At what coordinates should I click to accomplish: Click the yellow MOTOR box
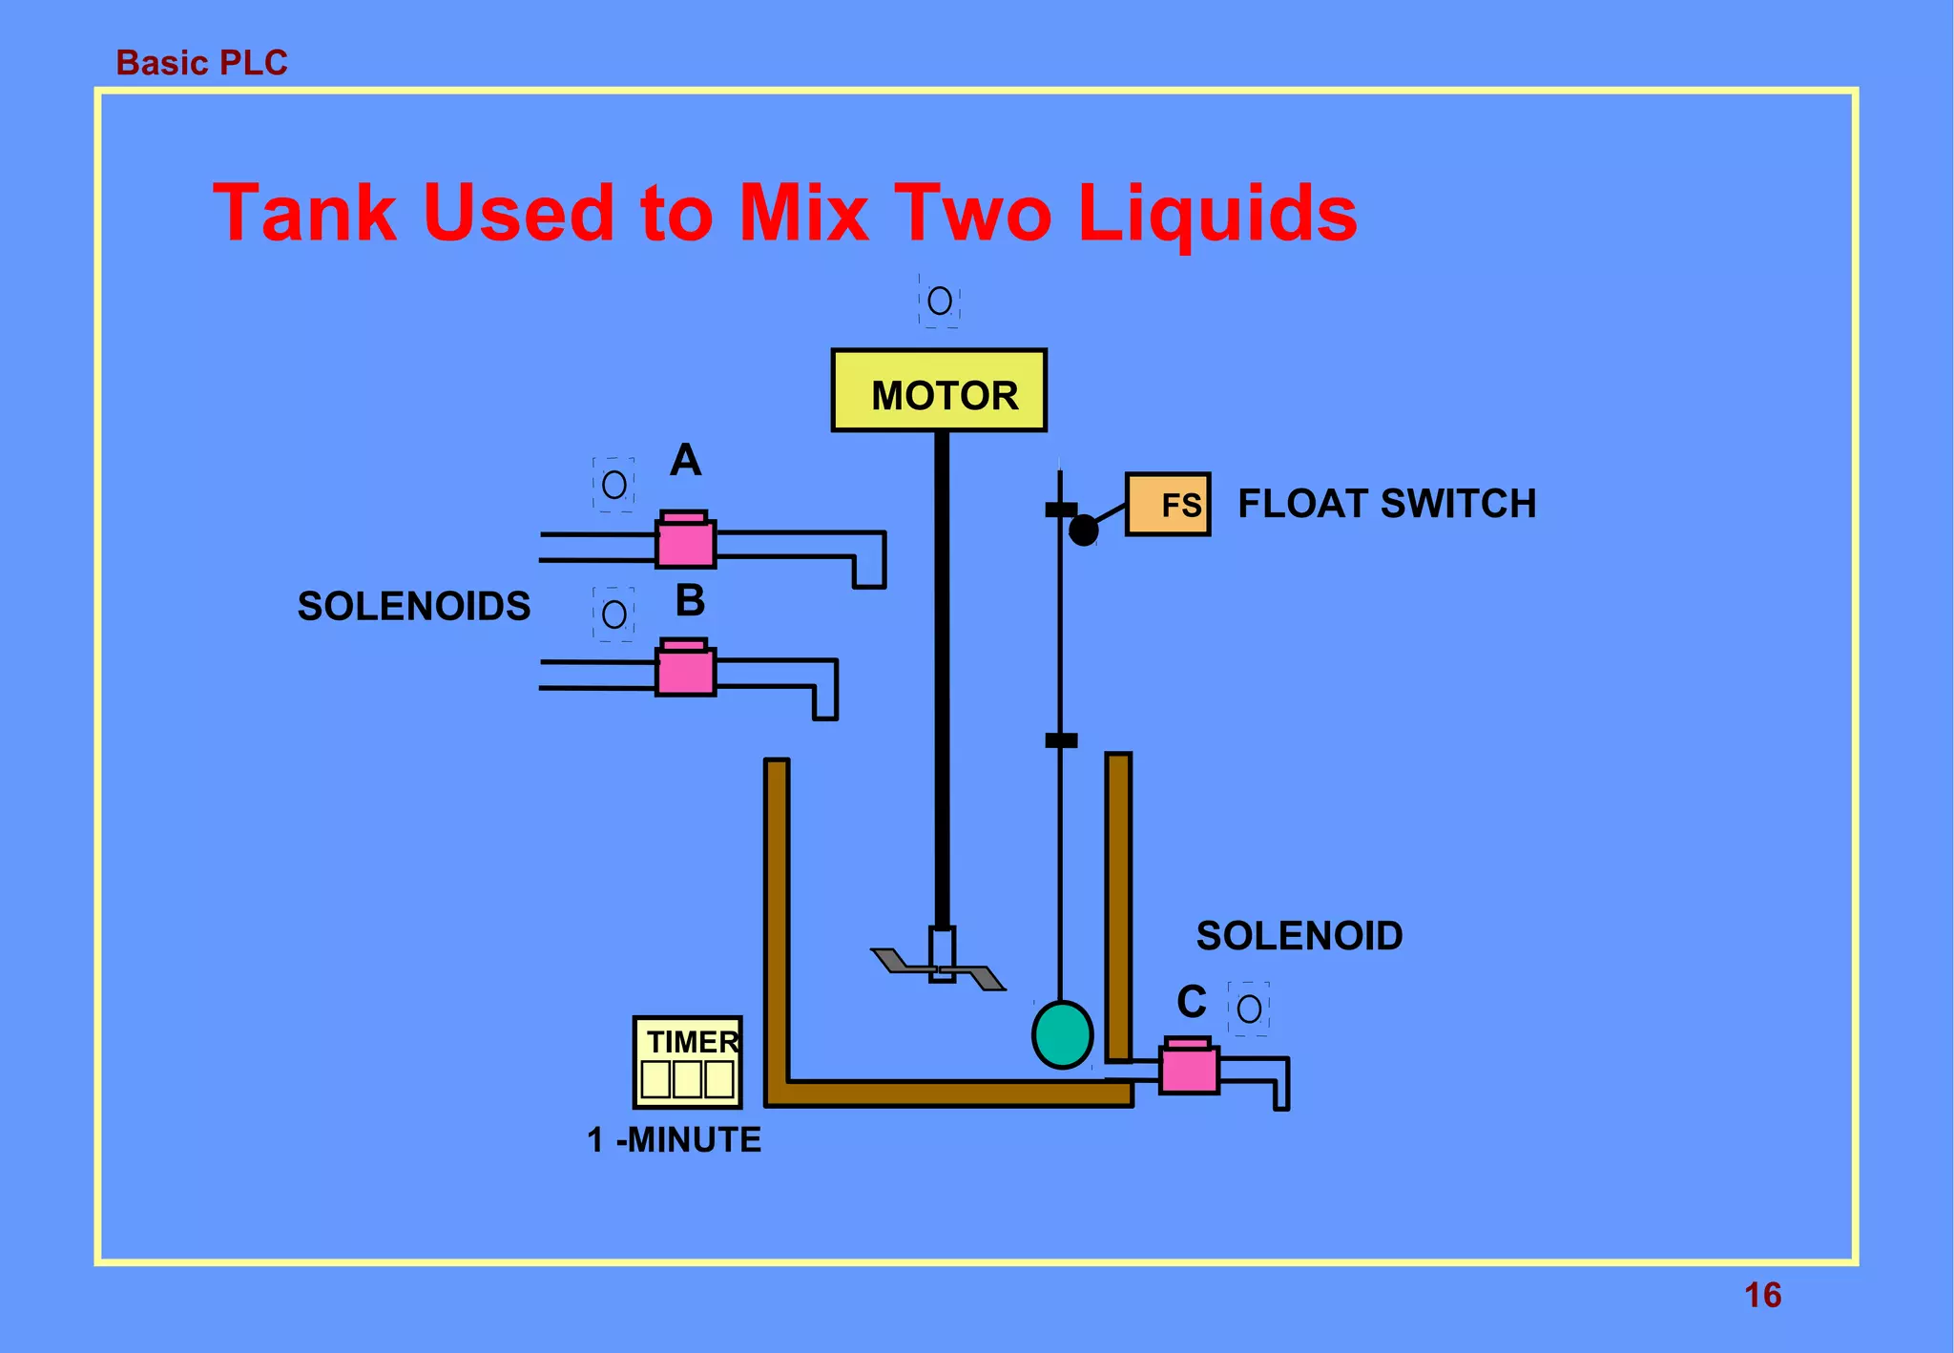click(x=939, y=391)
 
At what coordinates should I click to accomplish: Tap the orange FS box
click(x=1168, y=504)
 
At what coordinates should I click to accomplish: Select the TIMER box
click(x=688, y=1062)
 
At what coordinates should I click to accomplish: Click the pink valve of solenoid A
click(x=685, y=541)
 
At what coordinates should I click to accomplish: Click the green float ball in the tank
click(x=1062, y=1034)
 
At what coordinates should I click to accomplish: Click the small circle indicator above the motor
click(x=940, y=302)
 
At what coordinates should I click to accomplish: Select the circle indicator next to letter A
click(x=614, y=485)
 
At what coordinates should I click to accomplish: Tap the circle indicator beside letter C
click(x=1249, y=1009)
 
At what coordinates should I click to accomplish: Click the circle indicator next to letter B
click(x=614, y=614)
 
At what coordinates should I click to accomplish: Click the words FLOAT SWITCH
click(x=1386, y=504)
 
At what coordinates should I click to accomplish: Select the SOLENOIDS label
click(x=413, y=606)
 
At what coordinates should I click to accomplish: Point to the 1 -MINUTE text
click(x=674, y=1139)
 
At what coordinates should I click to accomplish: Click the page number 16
click(x=1762, y=1295)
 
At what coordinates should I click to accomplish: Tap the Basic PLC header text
click(x=201, y=63)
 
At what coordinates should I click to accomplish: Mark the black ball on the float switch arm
click(x=1083, y=530)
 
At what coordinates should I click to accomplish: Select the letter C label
click(x=1192, y=1002)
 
